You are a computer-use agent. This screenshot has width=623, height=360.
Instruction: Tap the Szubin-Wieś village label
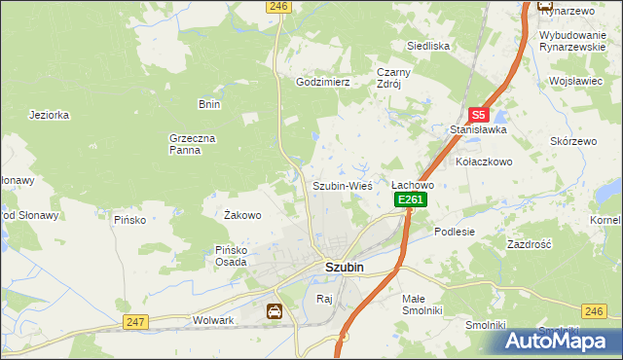click(342, 185)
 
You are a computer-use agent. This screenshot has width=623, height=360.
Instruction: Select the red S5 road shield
click(478, 114)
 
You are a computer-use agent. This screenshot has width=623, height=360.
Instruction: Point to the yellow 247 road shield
click(135, 321)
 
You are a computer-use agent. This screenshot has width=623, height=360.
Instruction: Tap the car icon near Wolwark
click(275, 311)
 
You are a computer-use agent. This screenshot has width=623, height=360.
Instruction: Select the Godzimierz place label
click(322, 83)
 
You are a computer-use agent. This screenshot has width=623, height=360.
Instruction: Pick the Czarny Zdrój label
click(395, 78)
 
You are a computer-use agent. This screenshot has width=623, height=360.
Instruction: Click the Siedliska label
click(427, 46)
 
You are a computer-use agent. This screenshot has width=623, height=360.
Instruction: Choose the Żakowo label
click(242, 215)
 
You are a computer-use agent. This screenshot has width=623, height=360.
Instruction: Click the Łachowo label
click(412, 184)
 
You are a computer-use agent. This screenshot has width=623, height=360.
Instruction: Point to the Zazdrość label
click(530, 245)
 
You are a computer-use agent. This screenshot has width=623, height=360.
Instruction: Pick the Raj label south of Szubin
click(324, 299)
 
